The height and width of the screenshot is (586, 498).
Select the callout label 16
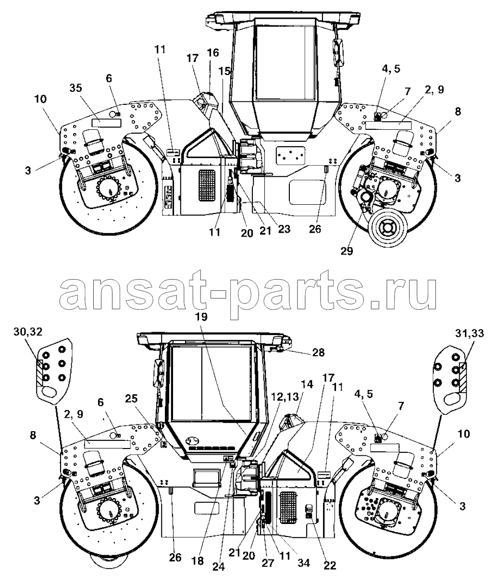(x=213, y=52)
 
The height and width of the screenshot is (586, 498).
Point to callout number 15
(x=225, y=71)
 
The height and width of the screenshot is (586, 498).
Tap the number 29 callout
(x=347, y=250)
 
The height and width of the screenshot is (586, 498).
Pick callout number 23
(x=284, y=230)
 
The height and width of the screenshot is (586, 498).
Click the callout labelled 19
(x=201, y=317)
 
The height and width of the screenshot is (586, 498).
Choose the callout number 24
(x=219, y=566)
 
